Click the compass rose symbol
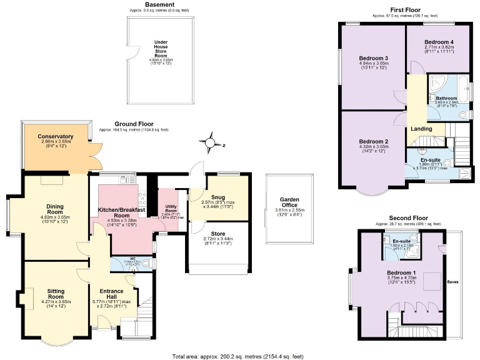point(211,142)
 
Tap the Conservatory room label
point(56,137)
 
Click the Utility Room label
point(171,207)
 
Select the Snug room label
point(217,197)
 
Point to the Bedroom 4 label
point(439,42)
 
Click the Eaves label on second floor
point(453,282)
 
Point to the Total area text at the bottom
point(238,356)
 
